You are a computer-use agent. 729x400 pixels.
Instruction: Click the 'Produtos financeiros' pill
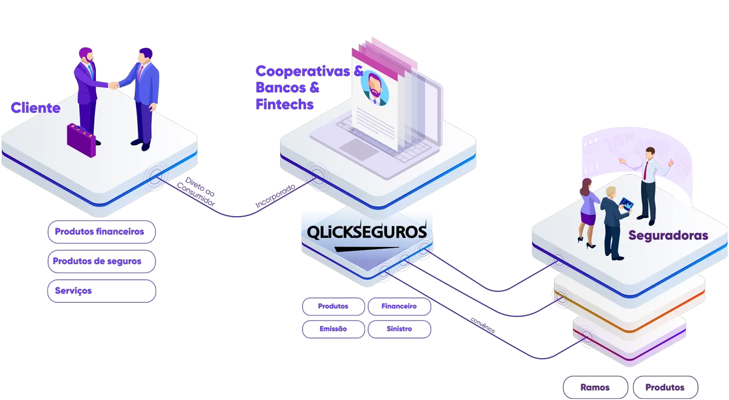click(x=101, y=232)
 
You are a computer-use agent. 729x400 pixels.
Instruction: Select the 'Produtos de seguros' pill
click(x=101, y=262)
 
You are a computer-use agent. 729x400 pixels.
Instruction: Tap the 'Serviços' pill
click(x=101, y=291)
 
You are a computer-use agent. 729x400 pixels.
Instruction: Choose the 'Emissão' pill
click(x=334, y=329)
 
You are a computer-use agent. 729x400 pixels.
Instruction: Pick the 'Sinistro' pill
click(x=399, y=329)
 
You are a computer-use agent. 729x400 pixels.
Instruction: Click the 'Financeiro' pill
click(x=399, y=307)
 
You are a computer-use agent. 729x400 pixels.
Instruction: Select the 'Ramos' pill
click(x=595, y=387)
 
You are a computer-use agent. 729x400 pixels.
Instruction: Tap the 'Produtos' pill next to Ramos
click(x=665, y=387)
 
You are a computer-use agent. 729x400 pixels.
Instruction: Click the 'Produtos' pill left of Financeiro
click(x=334, y=307)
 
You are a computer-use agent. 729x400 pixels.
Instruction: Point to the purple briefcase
click(x=81, y=140)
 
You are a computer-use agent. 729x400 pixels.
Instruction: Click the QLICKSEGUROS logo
click(x=366, y=233)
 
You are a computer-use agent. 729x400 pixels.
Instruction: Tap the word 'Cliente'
click(x=36, y=109)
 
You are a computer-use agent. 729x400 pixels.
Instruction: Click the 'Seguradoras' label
click(x=668, y=236)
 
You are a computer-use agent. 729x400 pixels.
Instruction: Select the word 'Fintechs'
click(x=284, y=104)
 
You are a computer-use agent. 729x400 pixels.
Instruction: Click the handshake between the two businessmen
click(x=114, y=86)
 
